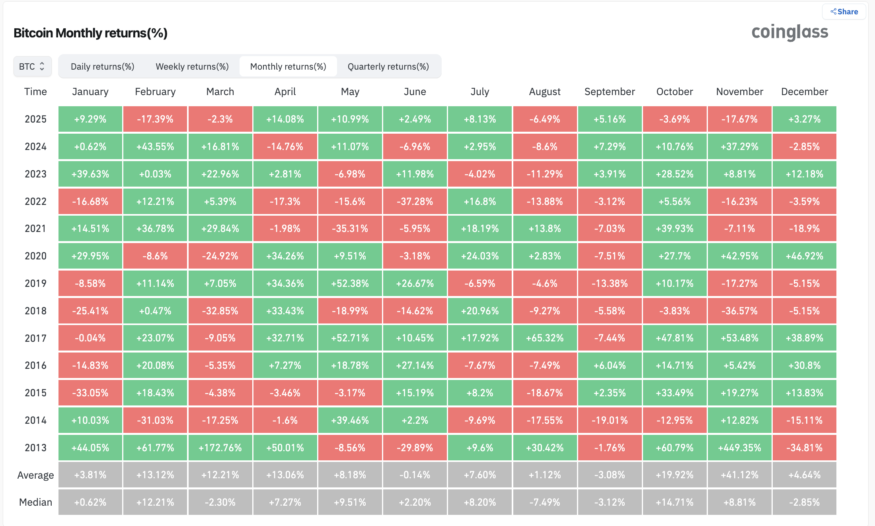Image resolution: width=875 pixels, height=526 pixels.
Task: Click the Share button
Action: tap(844, 12)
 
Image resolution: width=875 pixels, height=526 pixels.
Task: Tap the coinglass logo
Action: tap(789, 32)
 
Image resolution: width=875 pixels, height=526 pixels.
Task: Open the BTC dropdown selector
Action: tap(32, 66)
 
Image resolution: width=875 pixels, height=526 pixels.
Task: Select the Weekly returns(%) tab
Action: tap(192, 66)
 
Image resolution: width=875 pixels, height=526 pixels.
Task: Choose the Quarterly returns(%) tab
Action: tap(388, 66)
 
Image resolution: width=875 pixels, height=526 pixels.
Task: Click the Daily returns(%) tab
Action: tap(102, 66)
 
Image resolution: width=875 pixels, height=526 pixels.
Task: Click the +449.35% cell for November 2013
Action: tap(739, 448)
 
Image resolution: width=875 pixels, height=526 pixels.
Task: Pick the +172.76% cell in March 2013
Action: tap(220, 448)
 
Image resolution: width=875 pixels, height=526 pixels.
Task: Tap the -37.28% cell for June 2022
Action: tap(415, 201)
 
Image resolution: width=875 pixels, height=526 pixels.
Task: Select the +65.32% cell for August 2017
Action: tap(544, 338)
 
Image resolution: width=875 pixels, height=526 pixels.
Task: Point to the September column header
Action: tap(609, 92)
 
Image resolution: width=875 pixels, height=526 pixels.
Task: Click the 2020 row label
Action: tap(35, 256)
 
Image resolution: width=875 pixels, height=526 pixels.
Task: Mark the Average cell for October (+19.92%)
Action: tap(674, 475)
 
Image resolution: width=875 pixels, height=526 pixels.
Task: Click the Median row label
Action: tap(35, 502)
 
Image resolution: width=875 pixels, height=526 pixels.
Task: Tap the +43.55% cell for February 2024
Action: tap(155, 146)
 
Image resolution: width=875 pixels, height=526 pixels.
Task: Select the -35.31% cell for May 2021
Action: tap(350, 228)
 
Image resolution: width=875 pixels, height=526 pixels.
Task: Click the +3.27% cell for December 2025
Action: tap(804, 119)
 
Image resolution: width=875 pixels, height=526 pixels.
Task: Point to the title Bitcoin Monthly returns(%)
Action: tap(90, 33)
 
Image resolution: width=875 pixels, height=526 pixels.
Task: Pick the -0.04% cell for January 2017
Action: tap(90, 338)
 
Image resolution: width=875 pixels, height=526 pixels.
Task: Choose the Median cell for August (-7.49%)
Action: tap(544, 502)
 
